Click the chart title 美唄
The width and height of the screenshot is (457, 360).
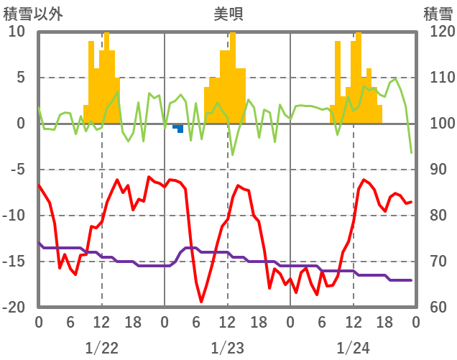pyautogui.click(x=228, y=14)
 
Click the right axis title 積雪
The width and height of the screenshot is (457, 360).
pyautogui.click(x=437, y=14)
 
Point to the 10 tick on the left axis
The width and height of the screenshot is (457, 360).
pyautogui.click(x=17, y=32)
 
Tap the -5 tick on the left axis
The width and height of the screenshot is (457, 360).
pyautogui.click(x=17, y=170)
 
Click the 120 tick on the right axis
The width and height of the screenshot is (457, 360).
pyautogui.click(x=437, y=32)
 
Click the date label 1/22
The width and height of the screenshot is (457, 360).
pyautogui.click(x=101, y=348)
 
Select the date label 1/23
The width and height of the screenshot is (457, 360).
pyautogui.click(x=227, y=348)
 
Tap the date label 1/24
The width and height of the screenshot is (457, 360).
pyautogui.click(x=353, y=348)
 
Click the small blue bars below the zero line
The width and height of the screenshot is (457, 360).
pyautogui.click(x=178, y=128)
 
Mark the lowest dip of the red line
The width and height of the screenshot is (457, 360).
pyautogui.click(x=201, y=301)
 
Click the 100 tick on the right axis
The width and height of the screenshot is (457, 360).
pyautogui.click(x=437, y=124)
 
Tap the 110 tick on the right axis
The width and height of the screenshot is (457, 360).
pyautogui.click(x=437, y=78)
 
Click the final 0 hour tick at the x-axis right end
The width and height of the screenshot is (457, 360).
pyautogui.click(x=415, y=322)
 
